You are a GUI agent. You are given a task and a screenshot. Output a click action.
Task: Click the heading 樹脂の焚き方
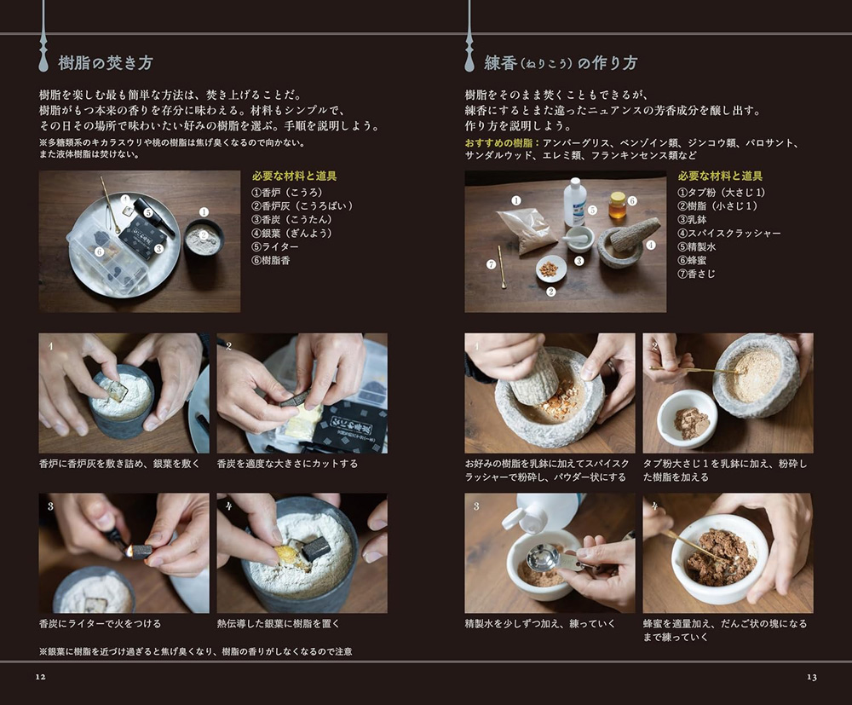pyautogui.click(x=105, y=63)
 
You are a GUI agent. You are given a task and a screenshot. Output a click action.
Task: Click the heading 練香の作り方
pyautogui.click(x=560, y=63)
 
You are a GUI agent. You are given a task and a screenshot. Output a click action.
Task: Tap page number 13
pyautogui.click(x=811, y=677)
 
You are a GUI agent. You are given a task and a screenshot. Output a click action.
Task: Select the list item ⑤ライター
pyautogui.click(x=271, y=246)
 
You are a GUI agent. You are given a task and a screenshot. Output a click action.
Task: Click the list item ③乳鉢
pyautogui.click(x=695, y=219)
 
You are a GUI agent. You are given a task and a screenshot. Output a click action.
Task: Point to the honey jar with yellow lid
pyautogui.click(x=618, y=205)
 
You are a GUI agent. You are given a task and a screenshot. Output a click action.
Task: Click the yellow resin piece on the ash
pyautogui.click(x=287, y=557)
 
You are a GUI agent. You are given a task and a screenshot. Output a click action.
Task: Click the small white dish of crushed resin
pyautogui.click(x=550, y=269)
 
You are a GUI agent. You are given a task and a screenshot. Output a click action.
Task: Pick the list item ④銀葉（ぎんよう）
pyautogui.click(x=291, y=233)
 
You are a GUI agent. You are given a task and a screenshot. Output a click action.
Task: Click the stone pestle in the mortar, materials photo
pyautogui.click(x=635, y=234)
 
